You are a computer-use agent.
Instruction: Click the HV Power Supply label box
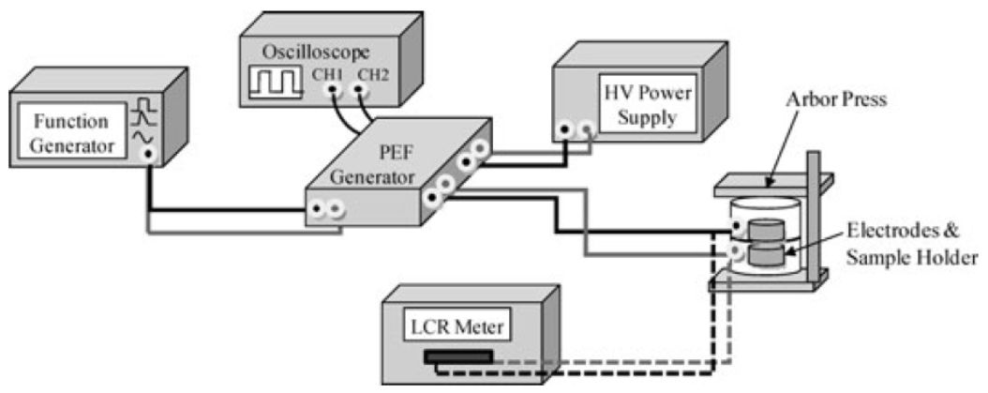tap(640, 107)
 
